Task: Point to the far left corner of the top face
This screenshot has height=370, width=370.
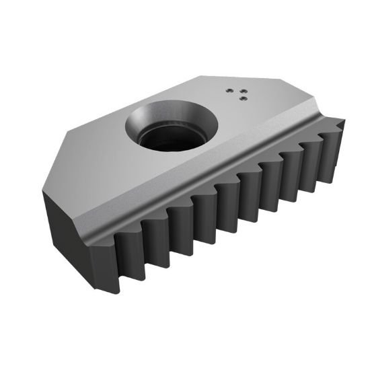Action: coord(43,190)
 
